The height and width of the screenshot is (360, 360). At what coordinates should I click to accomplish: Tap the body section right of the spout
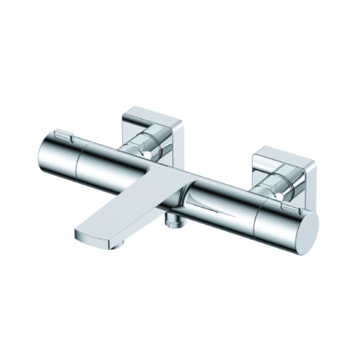pyautogui.click(x=218, y=197)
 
